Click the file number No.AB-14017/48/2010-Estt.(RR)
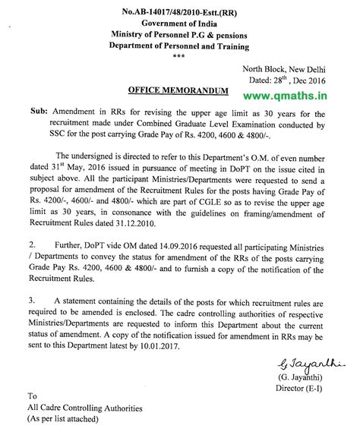(182, 10)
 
